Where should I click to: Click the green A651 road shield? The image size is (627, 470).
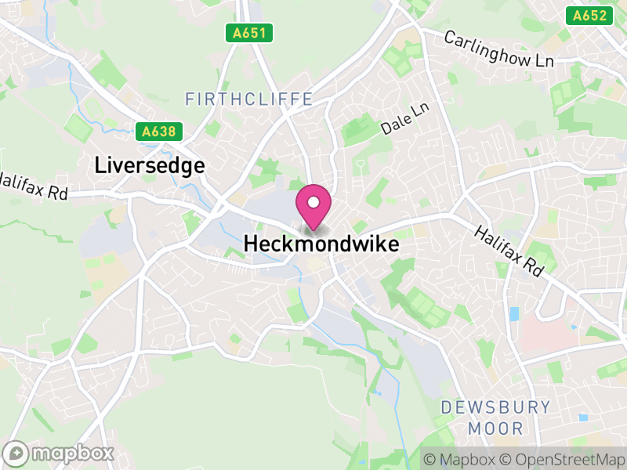[x=250, y=33]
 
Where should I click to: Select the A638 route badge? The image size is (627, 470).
[x=158, y=132]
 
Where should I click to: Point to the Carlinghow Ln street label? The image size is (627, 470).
[x=498, y=49]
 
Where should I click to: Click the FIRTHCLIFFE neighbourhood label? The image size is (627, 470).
[x=249, y=99]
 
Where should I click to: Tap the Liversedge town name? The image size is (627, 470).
[x=150, y=165]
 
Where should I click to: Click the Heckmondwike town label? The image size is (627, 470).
[x=321, y=244]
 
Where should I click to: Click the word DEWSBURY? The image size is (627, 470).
[x=495, y=407]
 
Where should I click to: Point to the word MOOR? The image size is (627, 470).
[x=495, y=428]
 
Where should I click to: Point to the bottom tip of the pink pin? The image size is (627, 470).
[x=313, y=229]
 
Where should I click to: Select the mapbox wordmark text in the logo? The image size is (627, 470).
[x=72, y=454]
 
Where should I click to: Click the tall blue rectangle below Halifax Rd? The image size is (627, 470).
[x=513, y=314]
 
